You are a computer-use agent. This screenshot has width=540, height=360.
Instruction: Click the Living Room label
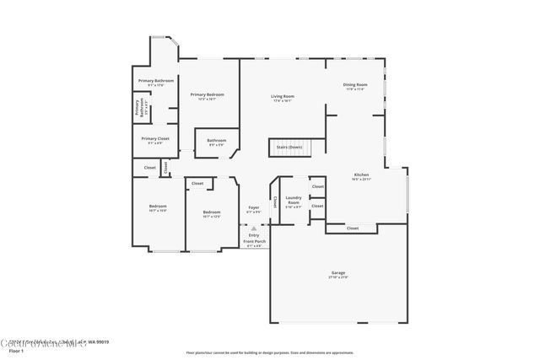point(282,96)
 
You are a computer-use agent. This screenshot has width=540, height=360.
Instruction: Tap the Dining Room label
point(354,85)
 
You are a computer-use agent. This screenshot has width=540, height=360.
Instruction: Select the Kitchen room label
point(361,175)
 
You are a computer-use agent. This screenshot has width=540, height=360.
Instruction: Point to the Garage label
point(337,273)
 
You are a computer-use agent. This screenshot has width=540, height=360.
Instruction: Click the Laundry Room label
point(293,201)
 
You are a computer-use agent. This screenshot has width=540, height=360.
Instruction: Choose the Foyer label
point(253,207)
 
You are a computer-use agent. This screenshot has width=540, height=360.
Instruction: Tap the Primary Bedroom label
point(206,94)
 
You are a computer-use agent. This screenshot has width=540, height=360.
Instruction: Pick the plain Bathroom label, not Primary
point(217,141)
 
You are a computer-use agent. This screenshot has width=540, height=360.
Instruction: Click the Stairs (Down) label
point(289,147)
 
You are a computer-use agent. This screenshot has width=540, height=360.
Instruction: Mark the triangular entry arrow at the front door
point(254,228)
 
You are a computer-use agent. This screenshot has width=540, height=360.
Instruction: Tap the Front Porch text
point(254,242)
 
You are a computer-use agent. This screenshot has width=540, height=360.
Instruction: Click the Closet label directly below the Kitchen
point(352,228)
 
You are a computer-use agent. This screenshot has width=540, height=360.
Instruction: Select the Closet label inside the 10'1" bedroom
point(197,183)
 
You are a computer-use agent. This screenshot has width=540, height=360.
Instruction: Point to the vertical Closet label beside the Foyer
point(275,202)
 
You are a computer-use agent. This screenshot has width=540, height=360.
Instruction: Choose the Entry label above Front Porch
point(254,235)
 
